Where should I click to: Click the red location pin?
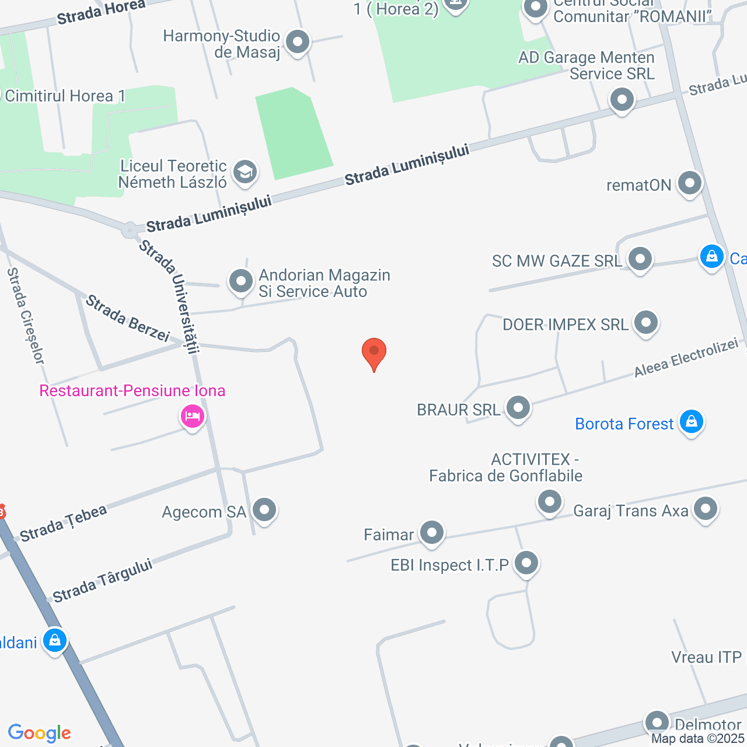374,352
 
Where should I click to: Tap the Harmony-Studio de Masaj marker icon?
298,42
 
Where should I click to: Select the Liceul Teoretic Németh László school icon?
245,172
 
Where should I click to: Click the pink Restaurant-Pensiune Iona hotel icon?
192,417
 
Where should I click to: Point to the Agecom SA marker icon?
265,510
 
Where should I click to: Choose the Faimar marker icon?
432,532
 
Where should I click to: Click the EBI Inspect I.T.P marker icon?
527,563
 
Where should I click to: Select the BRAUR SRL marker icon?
518,407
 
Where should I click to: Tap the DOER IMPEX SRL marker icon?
646,322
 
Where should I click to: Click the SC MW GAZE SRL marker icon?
640,259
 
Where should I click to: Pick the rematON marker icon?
690,183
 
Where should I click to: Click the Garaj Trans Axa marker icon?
706,509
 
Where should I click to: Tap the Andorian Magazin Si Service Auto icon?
241,281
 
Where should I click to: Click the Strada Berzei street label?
128,319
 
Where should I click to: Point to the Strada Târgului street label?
103,580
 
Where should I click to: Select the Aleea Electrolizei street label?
686,358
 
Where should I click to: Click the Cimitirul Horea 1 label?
64,96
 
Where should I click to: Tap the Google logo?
40,733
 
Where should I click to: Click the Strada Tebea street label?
64,523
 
